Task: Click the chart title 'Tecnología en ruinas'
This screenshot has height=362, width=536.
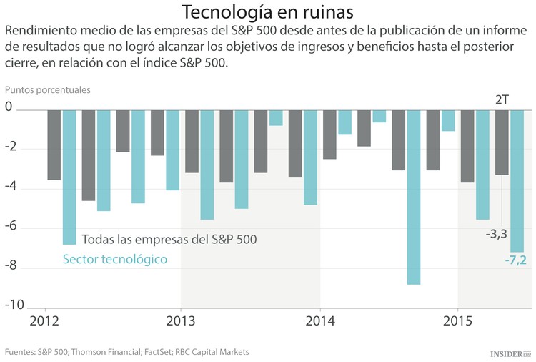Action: tap(267, 12)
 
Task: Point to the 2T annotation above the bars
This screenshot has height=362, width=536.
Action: tap(502, 99)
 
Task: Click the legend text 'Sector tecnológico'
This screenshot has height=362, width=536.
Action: tap(115, 259)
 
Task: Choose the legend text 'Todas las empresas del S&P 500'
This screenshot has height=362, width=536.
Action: tap(169, 239)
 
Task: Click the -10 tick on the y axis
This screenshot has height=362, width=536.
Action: tap(14, 305)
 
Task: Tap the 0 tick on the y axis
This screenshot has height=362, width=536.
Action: tap(9, 109)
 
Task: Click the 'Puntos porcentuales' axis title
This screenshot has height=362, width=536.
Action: tap(48, 91)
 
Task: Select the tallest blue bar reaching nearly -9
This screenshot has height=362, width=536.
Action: tap(413, 197)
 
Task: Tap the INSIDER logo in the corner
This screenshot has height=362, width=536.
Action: tap(511, 353)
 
